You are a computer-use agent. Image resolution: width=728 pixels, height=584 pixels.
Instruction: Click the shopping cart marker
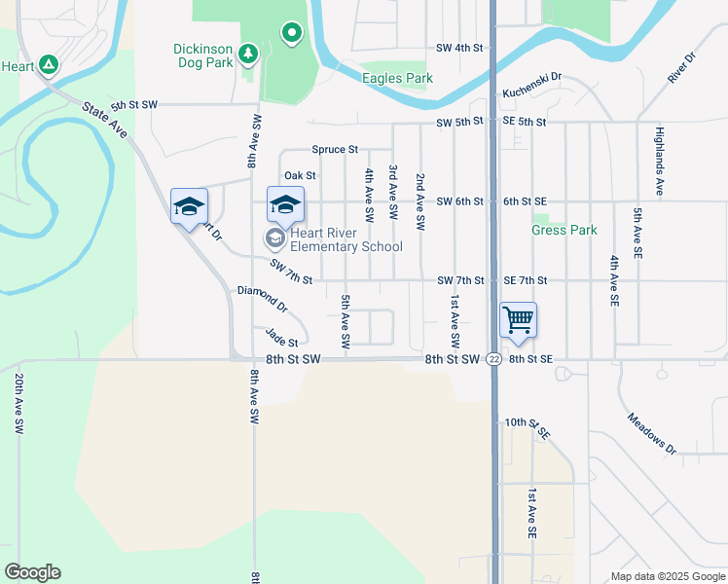tap(518, 320)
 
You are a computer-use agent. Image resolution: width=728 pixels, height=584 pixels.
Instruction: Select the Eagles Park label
tap(396, 78)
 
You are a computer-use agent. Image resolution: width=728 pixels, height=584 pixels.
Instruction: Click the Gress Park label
tap(564, 231)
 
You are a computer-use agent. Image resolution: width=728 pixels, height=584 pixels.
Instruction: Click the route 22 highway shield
tap(494, 359)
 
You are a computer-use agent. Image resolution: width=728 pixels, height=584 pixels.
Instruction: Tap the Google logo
tap(32, 572)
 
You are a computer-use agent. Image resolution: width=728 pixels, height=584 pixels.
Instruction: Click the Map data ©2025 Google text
tap(668, 576)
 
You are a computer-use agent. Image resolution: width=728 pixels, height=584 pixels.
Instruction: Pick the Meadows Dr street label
tap(651, 434)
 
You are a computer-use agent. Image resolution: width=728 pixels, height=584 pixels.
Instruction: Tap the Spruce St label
tap(336, 150)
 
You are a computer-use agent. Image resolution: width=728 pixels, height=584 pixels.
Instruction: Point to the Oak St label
tap(300, 176)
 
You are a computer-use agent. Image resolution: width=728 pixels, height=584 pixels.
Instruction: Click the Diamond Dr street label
tap(263, 298)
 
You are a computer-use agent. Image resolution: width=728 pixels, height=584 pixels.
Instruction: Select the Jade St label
tap(281, 337)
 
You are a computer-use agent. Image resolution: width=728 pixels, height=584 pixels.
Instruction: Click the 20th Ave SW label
tap(18, 400)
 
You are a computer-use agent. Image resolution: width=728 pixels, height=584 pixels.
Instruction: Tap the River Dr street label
tap(682, 68)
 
